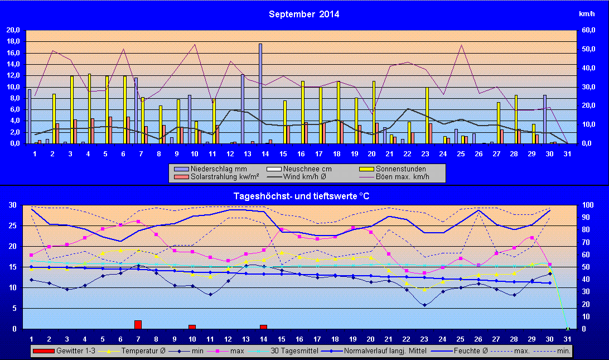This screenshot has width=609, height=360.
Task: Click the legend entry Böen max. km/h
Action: click(410, 177)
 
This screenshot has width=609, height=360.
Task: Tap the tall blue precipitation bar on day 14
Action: click(260, 93)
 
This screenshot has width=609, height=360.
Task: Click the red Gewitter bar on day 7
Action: click(138, 324)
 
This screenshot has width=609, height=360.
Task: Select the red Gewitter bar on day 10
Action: click(192, 327)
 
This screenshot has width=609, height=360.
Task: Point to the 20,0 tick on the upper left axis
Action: click(13, 30)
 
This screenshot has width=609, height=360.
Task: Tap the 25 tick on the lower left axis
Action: click(12, 225)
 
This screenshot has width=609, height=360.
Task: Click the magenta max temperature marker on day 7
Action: click(138, 222)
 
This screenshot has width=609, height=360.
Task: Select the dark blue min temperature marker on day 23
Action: click(425, 305)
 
